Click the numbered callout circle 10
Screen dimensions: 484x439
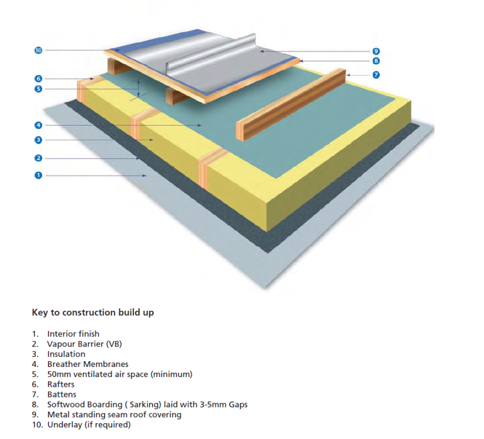[x=38, y=50]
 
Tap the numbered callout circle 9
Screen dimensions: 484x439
[x=376, y=51]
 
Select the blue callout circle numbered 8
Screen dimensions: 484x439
[x=376, y=61]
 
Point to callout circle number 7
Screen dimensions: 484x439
[x=376, y=75]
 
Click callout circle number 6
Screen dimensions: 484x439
[x=38, y=79]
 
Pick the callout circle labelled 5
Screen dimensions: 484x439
[x=38, y=89]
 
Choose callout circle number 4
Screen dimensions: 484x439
[x=38, y=125]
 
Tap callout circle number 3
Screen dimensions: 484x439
[x=38, y=140]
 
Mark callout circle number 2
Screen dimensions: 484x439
[x=38, y=158]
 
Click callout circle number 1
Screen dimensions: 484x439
[x=38, y=175]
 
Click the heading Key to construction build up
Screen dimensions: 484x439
[x=92, y=313]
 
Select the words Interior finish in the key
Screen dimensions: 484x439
[x=73, y=334]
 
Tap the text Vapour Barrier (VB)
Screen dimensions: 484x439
[x=84, y=344]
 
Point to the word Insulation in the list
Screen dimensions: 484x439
[x=66, y=354]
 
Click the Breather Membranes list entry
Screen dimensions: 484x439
[x=88, y=364]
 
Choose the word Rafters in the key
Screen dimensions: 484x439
[x=61, y=385]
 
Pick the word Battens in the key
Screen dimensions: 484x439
[x=62, y=395]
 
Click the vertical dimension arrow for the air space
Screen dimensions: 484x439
[x=139, y=89]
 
